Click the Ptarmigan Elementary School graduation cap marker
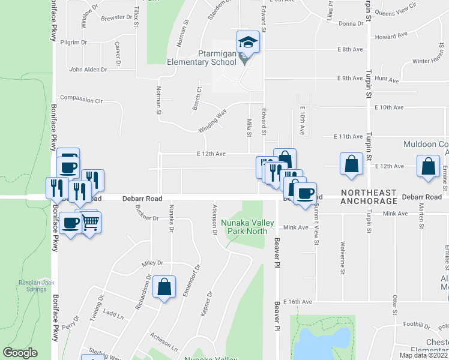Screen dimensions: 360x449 coord(248,42)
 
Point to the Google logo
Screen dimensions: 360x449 coord(20,353)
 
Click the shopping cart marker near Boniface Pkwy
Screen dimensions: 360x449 coord(90,223)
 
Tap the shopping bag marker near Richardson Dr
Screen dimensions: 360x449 coord(164,287)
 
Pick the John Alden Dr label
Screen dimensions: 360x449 coord(88,70)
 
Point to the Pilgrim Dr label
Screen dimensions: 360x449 coord(74,43)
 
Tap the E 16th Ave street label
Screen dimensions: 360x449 coord(298,301)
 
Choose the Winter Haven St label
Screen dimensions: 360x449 coord(429,61)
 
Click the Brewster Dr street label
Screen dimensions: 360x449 coord(116,18)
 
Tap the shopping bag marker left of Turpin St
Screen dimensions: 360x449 coord(351,164)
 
